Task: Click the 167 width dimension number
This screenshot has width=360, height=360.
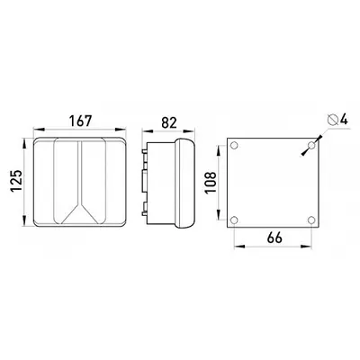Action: (80, 121)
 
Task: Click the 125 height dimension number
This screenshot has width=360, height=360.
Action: (16, 181)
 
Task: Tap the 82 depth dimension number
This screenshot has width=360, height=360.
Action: (169, 122)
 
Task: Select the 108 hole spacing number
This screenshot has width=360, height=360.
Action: (211, 183)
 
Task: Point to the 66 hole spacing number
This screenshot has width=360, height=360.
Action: (274, 238)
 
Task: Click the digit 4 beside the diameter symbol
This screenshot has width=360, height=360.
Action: (344, 120)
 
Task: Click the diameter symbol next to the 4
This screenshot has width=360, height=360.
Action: (333, 120)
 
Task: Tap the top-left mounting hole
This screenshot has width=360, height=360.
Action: (234, 146)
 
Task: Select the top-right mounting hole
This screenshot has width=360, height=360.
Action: (311, 146)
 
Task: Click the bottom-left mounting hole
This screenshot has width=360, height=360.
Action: (234, 220)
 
